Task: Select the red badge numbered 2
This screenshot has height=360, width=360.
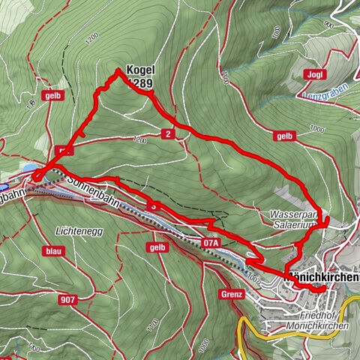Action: [x=166, y=133]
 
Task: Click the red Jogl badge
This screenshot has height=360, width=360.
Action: [x=315, y=73]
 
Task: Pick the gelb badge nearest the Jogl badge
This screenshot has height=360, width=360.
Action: [x=283, y=136]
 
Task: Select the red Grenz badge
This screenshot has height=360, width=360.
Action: [x=232, y=294]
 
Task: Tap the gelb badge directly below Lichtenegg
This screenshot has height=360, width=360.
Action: [x=157, y=247]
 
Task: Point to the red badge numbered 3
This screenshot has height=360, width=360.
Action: [x=154, y=204]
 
